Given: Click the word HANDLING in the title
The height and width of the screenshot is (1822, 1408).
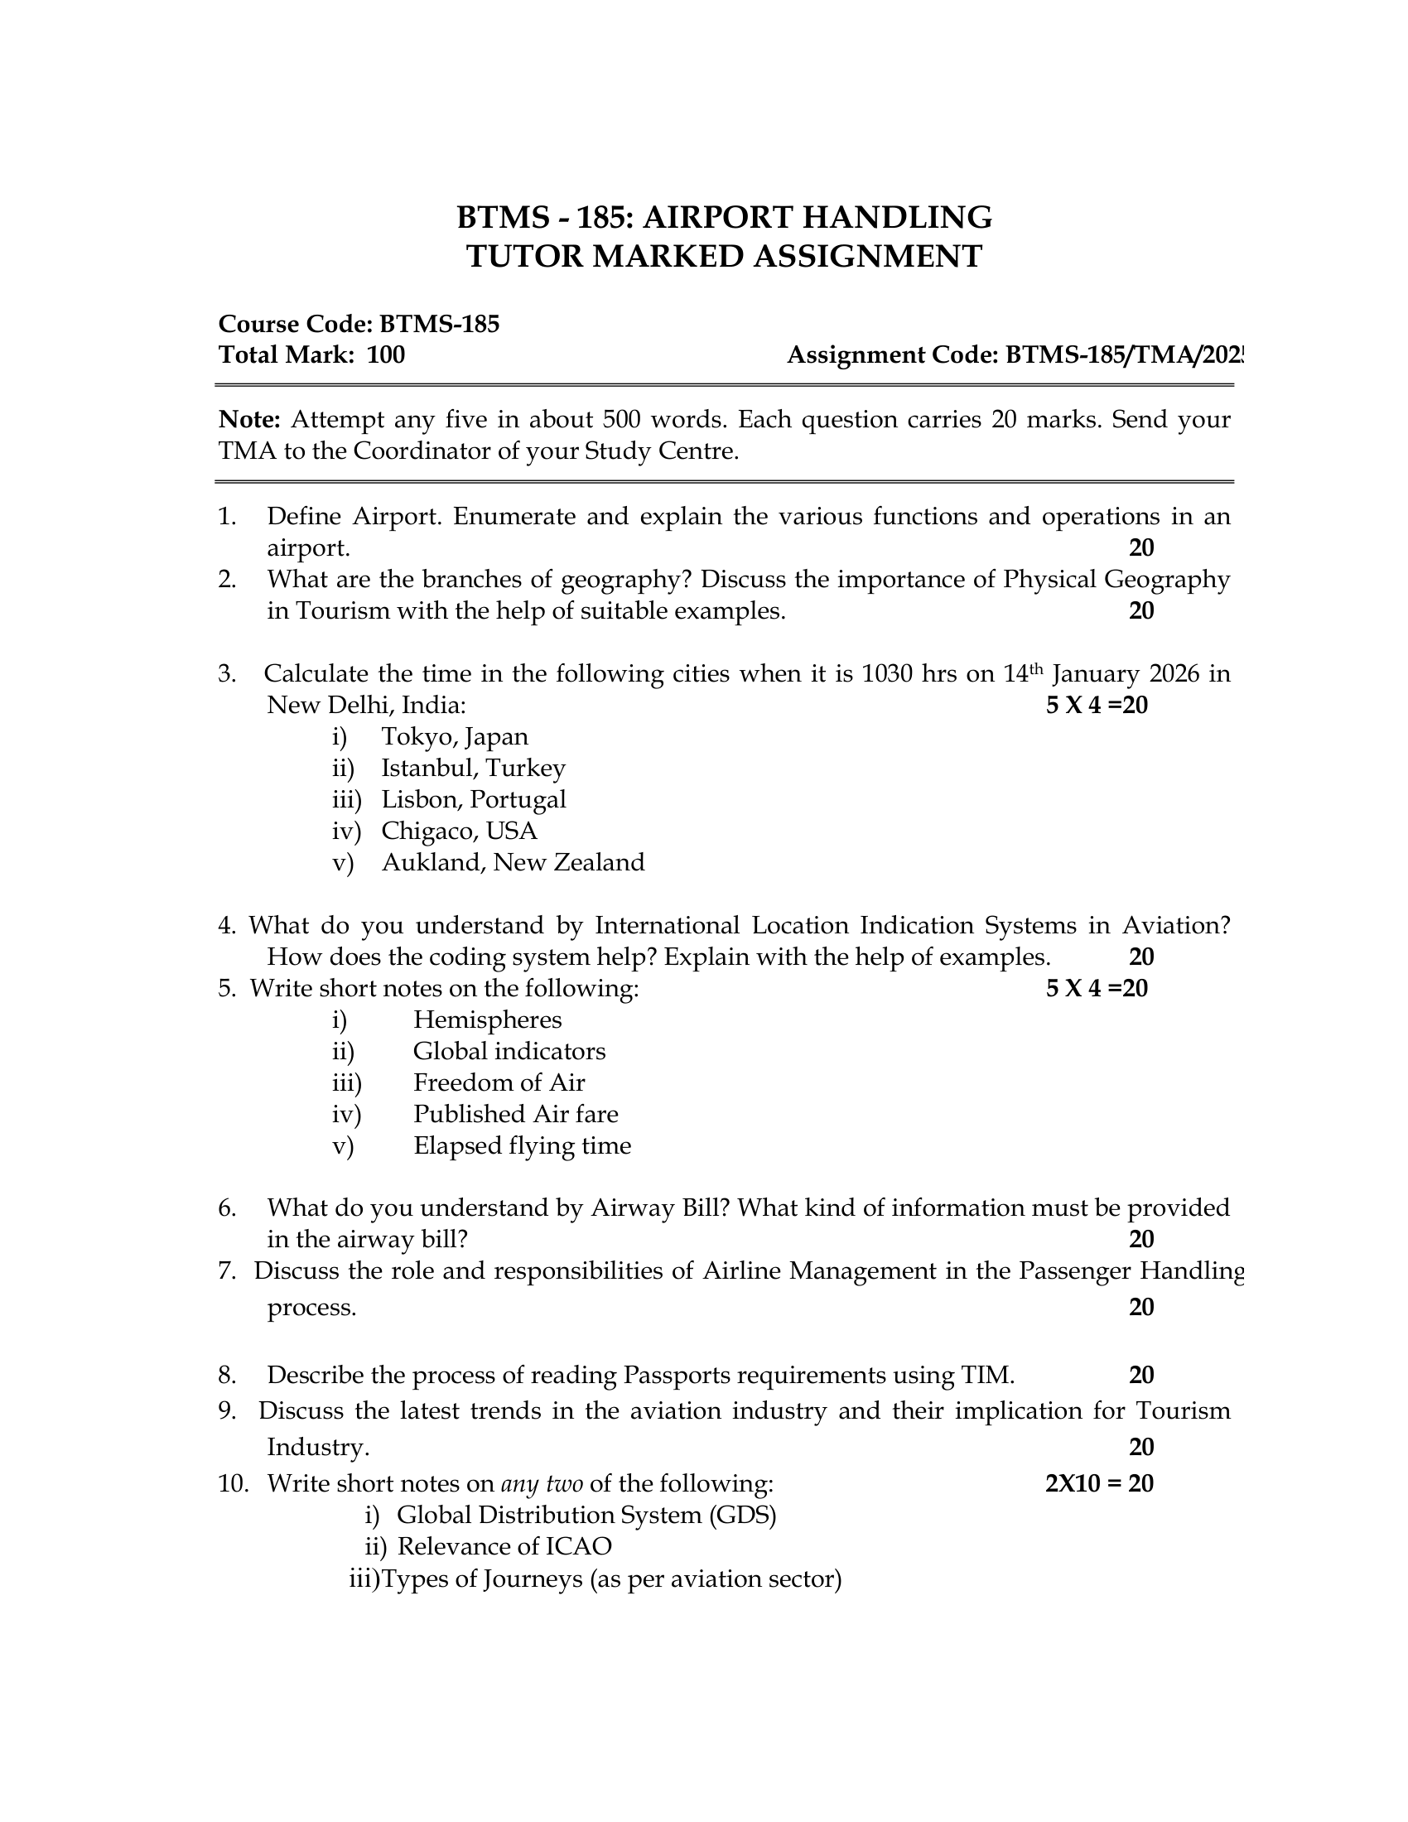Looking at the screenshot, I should tap(897, 217).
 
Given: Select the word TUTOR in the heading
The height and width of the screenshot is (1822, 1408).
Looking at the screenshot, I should tap(523, 256).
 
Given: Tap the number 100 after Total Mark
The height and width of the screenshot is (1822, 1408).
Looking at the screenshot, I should tap(385, 355).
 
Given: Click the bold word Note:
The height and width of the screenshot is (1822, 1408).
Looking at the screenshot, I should tap(249, 419).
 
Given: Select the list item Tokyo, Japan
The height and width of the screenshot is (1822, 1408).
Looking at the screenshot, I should tap(455, 736).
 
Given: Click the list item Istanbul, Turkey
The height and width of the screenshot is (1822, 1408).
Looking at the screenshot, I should tap(473, 768).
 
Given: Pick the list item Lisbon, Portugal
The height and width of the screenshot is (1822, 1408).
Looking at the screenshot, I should tap(473, 799).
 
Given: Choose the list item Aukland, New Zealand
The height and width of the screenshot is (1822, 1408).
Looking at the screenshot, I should tap(513, 862).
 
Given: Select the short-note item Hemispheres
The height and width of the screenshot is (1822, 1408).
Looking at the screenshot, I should tap(487, 1019).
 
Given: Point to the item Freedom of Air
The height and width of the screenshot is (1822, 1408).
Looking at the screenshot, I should tap(499, 1083).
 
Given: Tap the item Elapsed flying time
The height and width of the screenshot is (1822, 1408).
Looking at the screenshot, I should tap(522, 1145).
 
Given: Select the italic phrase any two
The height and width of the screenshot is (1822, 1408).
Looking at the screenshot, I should tap(542, 1484).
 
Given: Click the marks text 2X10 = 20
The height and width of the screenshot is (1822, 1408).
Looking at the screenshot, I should tap(1098, 1484).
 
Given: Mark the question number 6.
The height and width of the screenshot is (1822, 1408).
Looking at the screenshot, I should tap(226, 1208).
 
